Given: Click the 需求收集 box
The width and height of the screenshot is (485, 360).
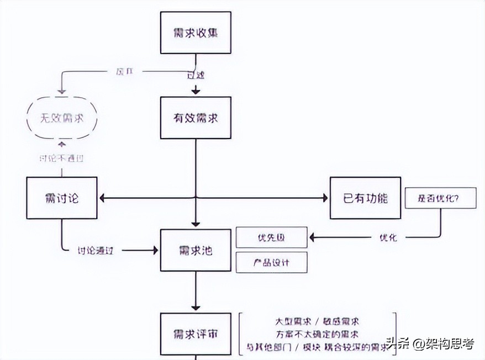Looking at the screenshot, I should point(196,33).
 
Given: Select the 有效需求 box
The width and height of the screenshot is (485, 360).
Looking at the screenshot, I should point(196,118).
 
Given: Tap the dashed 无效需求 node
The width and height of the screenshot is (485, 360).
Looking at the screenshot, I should point(62,118).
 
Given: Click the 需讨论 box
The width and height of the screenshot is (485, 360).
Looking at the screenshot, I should point(62,198).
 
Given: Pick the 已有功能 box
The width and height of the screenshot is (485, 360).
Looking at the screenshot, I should point(365,198).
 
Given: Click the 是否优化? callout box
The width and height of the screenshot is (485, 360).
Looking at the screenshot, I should point(440,198).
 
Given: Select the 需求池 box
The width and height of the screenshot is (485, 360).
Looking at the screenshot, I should point(196,250).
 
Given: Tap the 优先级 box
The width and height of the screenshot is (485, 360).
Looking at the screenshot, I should point(271,237).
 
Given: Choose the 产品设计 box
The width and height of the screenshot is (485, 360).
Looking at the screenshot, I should point(271,262).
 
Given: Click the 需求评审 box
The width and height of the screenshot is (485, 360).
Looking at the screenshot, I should point(196,334).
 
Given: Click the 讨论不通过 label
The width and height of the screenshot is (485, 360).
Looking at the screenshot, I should point(62,158).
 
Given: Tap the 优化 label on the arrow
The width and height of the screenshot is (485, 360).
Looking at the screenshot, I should point(388,237).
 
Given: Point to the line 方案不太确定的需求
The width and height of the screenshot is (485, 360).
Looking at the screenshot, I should point(318,334).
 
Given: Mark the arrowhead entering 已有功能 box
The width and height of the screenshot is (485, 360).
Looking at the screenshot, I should point(326,198).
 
